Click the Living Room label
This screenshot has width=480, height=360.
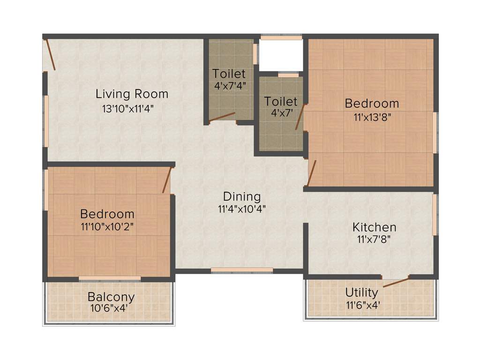132,94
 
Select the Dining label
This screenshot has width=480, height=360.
241,196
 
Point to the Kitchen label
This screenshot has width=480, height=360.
374,228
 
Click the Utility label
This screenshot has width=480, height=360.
361,292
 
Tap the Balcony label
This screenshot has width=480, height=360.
111,297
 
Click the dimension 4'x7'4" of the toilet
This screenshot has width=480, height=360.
229,86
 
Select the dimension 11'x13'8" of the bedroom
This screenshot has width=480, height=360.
372,117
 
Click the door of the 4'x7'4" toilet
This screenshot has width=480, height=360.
222,117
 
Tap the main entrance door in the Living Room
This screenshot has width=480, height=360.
51,55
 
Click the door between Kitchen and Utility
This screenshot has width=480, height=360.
396,282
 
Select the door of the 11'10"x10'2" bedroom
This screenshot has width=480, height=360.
167,180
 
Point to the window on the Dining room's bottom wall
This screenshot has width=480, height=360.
241,270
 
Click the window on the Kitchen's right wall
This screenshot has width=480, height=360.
435,215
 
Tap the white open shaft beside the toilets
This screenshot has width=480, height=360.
280,55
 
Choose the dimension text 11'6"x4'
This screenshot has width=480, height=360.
362,305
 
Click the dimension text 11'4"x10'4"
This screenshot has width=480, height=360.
241,209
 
